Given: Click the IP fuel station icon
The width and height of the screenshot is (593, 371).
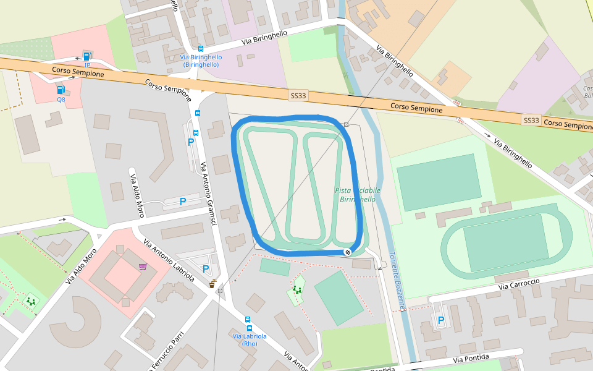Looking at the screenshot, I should [87, 57].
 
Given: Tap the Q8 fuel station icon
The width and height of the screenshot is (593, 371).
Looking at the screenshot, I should [61, 90].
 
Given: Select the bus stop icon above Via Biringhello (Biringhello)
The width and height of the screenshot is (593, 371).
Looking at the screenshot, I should [201, 48].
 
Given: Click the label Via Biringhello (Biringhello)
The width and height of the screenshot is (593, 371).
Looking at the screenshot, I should [200, 61].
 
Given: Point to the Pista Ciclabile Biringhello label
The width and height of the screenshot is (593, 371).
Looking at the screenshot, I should [358, 195].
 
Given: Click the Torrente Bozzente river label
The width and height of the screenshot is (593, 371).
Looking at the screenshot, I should [397, 281].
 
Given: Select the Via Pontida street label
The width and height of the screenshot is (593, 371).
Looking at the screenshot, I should [471, 359].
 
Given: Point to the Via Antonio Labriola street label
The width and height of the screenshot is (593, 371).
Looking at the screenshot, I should [169, 260].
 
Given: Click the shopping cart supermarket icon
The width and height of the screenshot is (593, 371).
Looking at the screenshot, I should [143, 267].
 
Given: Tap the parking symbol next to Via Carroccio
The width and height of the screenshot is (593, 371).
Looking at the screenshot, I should [440, 320].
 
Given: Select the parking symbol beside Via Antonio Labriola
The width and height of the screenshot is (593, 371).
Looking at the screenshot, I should [206, 269].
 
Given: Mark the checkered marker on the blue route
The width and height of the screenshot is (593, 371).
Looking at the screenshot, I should [348, 252].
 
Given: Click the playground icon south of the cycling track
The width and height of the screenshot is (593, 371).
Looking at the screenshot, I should [298, 289].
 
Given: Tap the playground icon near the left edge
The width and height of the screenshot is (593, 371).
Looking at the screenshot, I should [30, 301].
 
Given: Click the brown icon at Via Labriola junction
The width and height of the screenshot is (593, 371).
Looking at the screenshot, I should [213, 284].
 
